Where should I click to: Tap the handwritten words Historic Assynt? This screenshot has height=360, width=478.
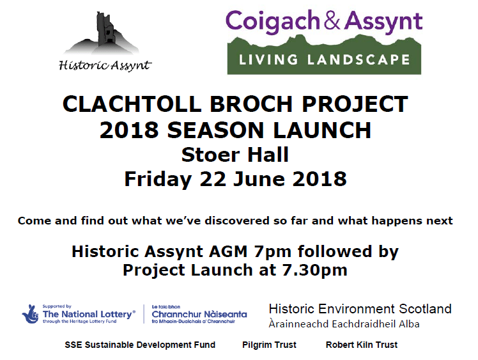[105, 66]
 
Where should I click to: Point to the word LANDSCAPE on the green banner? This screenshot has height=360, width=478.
[358, 59]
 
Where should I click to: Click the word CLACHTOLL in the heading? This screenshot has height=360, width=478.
[132, 104]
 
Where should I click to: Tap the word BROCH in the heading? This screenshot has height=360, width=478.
[251, 104]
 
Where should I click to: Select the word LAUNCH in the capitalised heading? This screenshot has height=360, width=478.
[321, 130]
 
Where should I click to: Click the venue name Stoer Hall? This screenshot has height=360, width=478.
[235, 155]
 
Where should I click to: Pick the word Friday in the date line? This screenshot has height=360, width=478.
[158, 179]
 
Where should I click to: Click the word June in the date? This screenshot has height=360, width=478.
[259, 178]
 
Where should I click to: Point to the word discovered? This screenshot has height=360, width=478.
[237, 220]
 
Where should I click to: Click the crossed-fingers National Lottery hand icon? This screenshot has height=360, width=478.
[30, 313]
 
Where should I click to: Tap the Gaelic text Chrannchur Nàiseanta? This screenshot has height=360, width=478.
[199, 314]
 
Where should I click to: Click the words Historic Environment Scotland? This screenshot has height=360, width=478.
[360, 309]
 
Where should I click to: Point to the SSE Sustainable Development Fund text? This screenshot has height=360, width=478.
[140, 345]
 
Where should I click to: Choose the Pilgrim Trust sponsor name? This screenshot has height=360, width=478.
[269, 345]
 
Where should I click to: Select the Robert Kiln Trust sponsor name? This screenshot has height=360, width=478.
[362, 345]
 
